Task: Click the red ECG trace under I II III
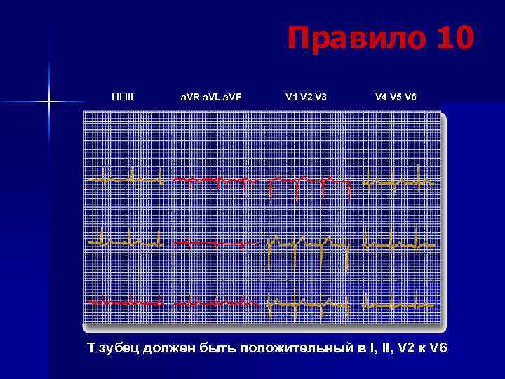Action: coord(126,302)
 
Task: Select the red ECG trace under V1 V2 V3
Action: coord(309,181)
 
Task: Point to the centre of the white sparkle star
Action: coord(50,102)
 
